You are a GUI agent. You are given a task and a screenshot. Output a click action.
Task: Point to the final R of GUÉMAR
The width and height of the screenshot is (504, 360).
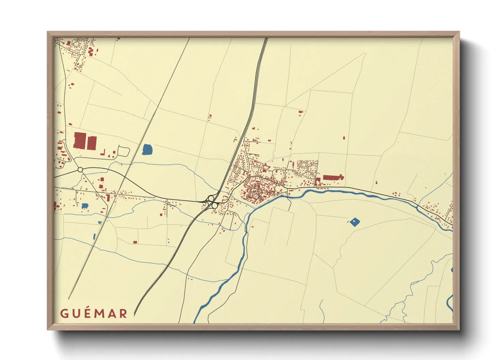[x=123, y=313]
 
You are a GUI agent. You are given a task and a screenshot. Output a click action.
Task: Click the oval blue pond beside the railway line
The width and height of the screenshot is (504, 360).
[x=147, y=149]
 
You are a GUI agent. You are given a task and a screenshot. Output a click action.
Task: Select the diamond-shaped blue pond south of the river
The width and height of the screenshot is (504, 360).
[x=355, y=222]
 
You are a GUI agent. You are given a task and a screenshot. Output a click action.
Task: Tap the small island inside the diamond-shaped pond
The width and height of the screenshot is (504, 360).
[x=355, y=222]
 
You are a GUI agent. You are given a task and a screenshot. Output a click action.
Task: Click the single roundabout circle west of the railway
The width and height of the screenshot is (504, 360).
[x=80, y=169]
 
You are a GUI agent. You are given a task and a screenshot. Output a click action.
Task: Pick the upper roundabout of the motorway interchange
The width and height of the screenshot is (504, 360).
[x=211, y=198]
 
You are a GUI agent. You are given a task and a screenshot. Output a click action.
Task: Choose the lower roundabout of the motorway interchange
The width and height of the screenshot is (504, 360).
[x=215, y=206]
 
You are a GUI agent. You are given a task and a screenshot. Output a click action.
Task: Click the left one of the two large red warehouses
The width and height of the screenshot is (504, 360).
[x=79, y=141]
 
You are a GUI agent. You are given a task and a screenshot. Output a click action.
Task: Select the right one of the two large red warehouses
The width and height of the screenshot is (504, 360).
[x=92, y=143]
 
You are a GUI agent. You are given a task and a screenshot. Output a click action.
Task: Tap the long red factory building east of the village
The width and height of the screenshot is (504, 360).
[x=333, y=177]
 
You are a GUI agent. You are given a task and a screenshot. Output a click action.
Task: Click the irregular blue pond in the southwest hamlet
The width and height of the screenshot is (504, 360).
[x=85, y=206]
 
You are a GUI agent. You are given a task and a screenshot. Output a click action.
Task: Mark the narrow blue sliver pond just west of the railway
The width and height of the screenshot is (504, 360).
[x=94, y=236]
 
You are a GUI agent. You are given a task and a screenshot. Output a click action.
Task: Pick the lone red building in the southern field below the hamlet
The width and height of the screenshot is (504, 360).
[x=135, y=242]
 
